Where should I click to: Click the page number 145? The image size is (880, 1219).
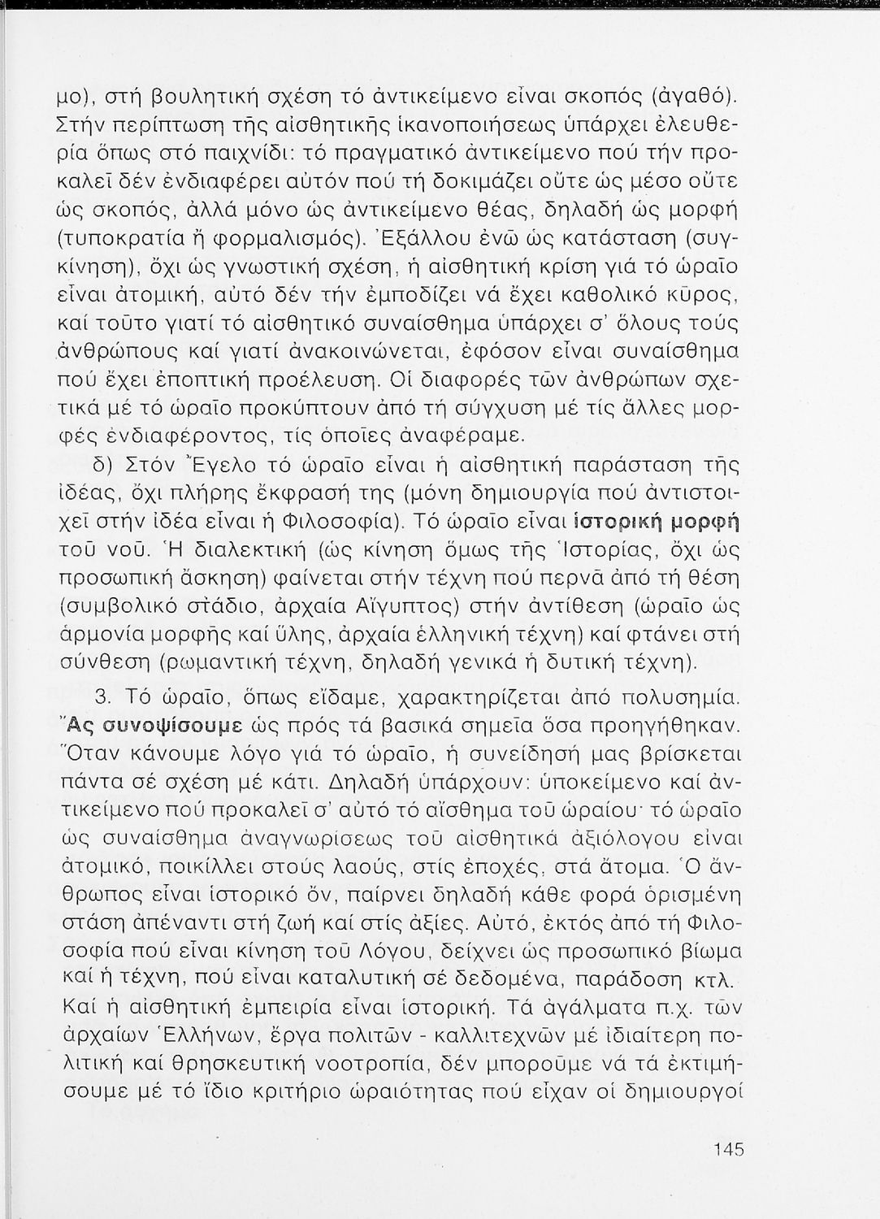[x=729, y=1150]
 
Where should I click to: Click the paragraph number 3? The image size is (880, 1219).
[x=103, y=697]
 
